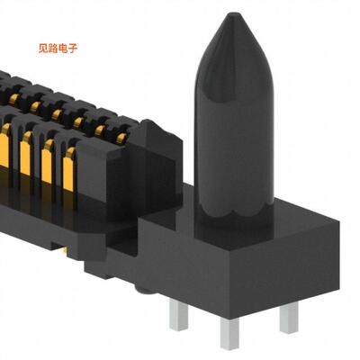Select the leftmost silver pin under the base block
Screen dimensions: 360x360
(x=176, y=319)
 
